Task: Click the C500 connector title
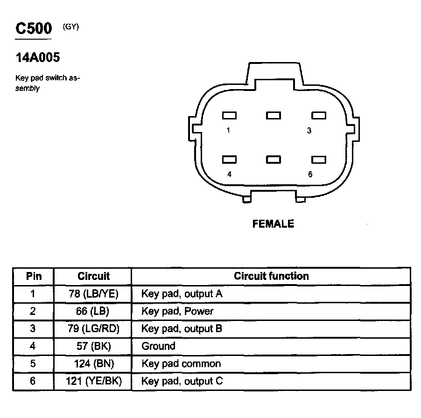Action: pos(34,29)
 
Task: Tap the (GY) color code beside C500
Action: pos(71,27)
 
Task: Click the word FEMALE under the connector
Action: pos(273,224)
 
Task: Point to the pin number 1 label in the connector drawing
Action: pos(228,131)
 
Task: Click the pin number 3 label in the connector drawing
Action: pos(309,131)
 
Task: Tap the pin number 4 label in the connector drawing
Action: pos(229,174)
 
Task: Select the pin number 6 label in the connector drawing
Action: pos(310,174)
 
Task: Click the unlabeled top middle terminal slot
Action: pos(273,115)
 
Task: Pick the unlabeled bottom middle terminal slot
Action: pos(273,160)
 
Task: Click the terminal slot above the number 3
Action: pos(319,115)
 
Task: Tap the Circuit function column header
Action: pos(271,276)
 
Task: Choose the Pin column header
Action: pos(33,276)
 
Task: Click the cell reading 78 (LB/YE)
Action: pos(93,294)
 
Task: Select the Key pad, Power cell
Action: pos(177,311)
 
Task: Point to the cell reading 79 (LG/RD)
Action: pos(93,328)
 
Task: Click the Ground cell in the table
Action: pos(158,346)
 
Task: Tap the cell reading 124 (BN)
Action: pos(93,363)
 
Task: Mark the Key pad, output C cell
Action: pos(182,381)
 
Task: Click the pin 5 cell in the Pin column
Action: pos(33,363)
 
